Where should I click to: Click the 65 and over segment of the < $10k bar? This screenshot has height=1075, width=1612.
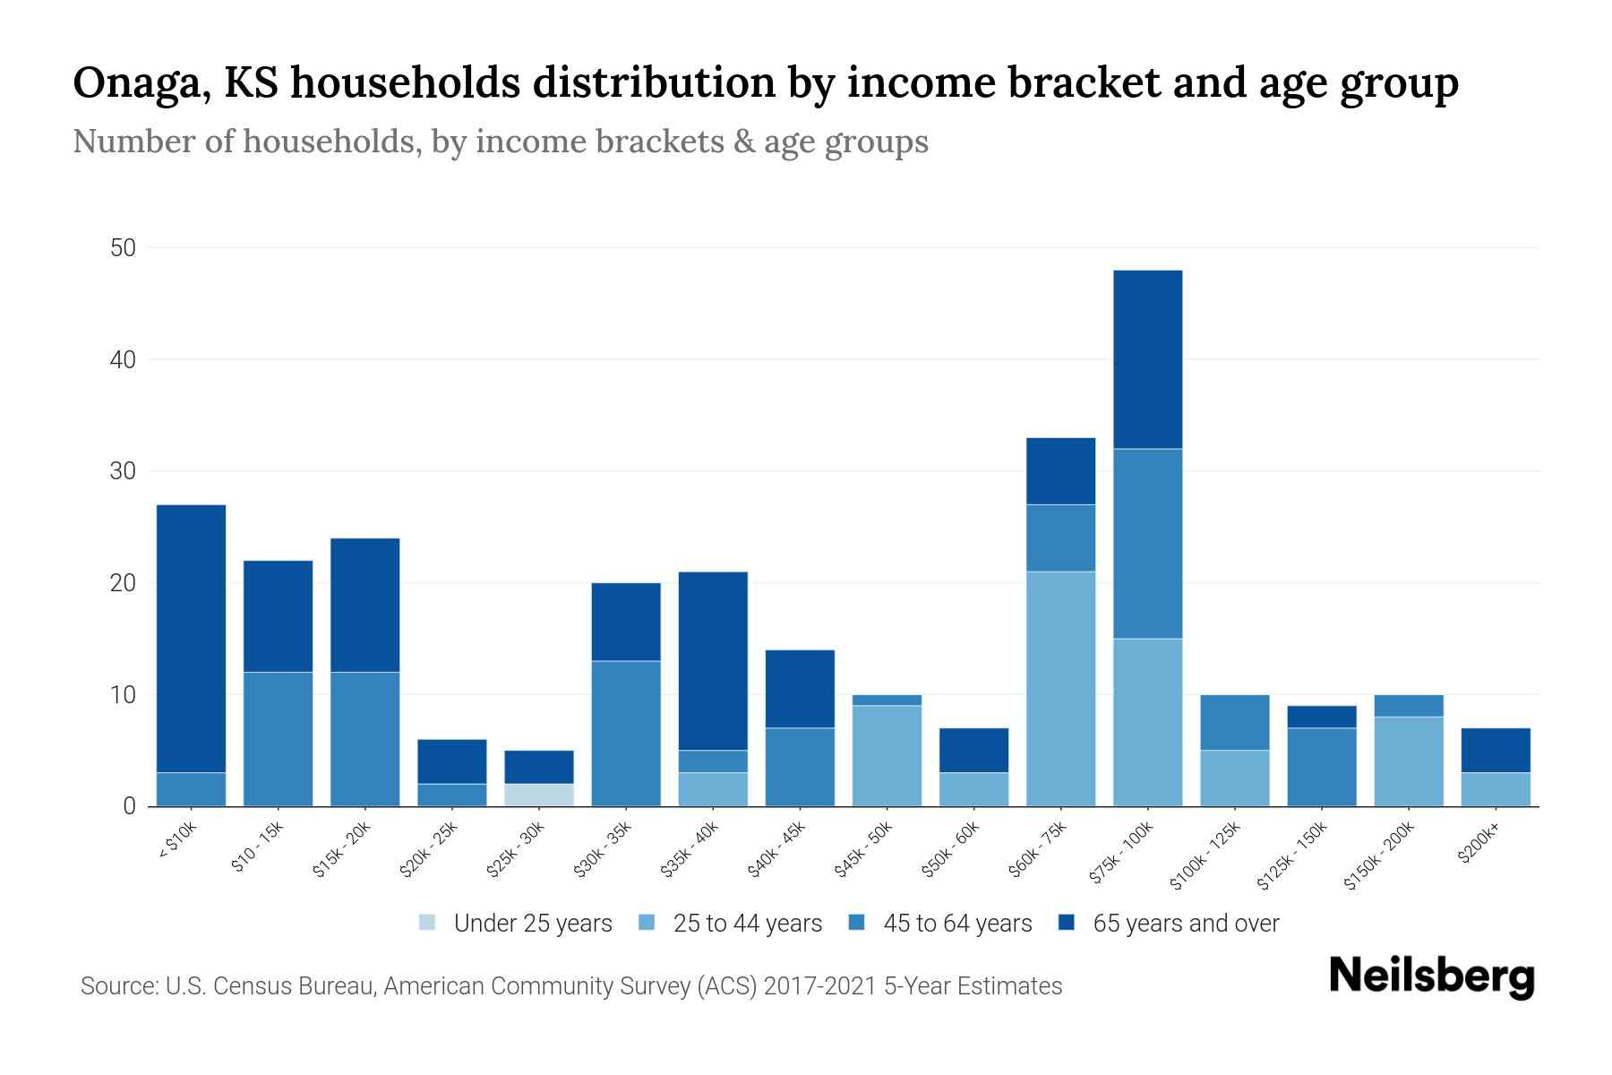point(191,638)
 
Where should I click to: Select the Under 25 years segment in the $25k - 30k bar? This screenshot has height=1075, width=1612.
point(539,795)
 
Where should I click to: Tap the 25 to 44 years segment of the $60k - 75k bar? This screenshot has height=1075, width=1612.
point(1061,688)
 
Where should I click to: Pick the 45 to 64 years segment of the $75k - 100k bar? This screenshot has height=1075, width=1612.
point(1147,543)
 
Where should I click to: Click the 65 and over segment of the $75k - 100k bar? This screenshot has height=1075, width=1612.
point(1147,358)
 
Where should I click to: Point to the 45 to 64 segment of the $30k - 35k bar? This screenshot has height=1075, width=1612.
point(626,733)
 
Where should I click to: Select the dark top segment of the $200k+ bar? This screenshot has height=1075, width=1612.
point(1496,750)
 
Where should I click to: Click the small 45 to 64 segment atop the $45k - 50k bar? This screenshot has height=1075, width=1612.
point(887,700)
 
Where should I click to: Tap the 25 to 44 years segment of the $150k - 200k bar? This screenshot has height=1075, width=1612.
point(1409,761)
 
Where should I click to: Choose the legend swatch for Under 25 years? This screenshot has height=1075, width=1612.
point(428,923)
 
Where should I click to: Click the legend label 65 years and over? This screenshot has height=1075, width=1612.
point(1186,924)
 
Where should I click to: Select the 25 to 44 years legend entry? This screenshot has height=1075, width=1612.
point(747,924)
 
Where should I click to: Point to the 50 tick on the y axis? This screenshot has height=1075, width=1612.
point(123,248)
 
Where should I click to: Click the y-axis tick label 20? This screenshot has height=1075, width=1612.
point(123,583)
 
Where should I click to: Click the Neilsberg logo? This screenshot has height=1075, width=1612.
point(1431,976)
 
